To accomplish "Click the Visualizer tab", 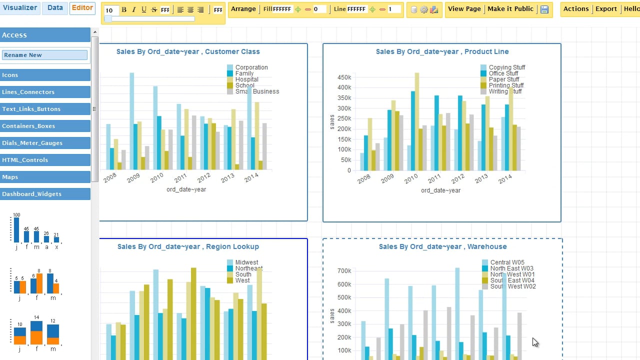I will pos(20,8).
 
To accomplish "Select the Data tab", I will pos(55,8).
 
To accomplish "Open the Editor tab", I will pos(82,8).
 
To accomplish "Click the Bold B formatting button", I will pos(124,10).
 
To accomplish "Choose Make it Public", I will pos(510,9).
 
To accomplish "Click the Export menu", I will pos(606,9).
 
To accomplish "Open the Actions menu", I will pos(576,9).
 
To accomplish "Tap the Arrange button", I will pos(243,9).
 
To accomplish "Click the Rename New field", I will pos(44,55).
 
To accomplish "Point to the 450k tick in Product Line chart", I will pos(344,77).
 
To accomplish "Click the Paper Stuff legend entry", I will pos(503,79).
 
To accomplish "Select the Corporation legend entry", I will pos(251,67).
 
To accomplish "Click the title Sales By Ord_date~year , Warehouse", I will pos(442,246).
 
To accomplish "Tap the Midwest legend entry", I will pos(246,262).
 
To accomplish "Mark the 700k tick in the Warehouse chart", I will pos(344,271).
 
